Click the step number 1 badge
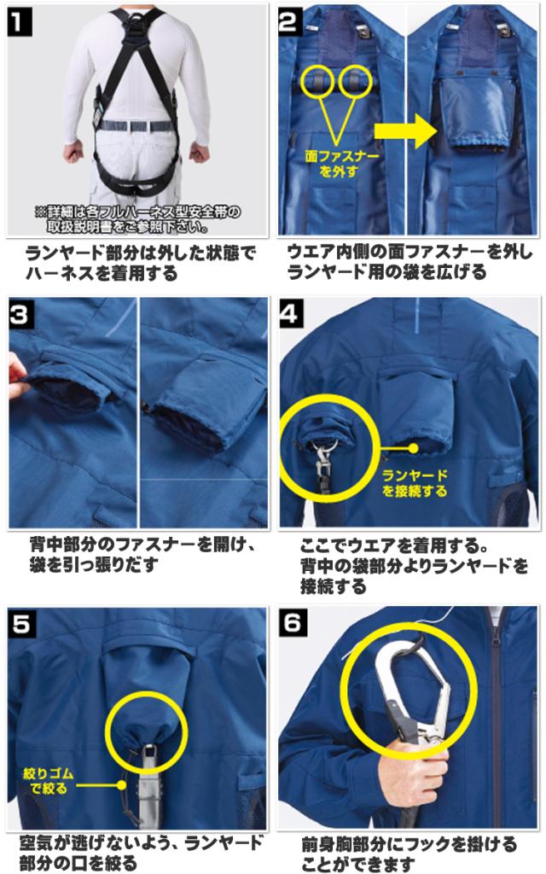click(20, 23)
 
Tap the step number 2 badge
click(288, 23)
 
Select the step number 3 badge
click(20, 315)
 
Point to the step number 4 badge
click(288, 314)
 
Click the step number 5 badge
click(20, 623)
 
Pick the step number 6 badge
click(292, 622)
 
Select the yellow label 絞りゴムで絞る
click(48, 781)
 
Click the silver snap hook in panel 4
click(324, 462)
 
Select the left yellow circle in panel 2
click(317, 81)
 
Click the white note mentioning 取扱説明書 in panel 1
click(137, 219)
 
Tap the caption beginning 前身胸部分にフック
click(409, 854)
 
